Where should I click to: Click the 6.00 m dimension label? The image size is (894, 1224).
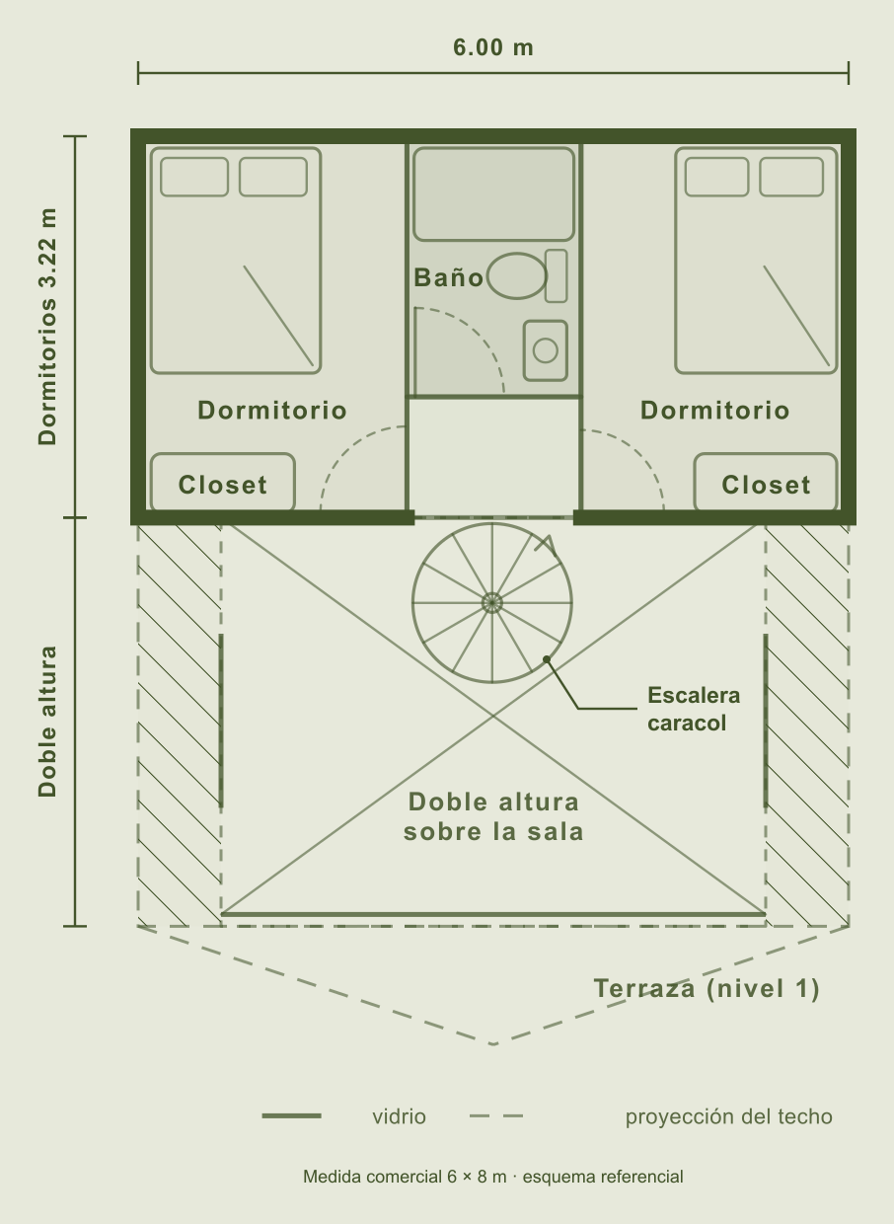click(x=492, y=47)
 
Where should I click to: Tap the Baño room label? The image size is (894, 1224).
click(x=448, y=277)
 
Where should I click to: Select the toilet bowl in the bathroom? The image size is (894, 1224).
click(x=516, y=276)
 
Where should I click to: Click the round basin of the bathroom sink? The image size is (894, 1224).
click(x=545, y=350)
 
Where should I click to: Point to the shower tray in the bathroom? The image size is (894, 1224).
click(x=493, y=194)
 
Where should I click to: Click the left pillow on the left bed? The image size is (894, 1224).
click(x=193, y=177)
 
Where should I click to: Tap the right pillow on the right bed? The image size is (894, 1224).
click(x=790, y=177)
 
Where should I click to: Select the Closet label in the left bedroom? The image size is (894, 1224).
click(x=223, y=485)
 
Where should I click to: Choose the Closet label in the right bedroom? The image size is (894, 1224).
click(x=766, y=485)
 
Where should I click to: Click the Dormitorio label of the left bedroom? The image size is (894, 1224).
click(x=272, y=411)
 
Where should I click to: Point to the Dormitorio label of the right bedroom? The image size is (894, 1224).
click(x=714, y=411)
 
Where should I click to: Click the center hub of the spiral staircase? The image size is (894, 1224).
click(x=492, y=603)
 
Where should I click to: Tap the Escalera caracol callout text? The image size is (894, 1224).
click(x=694, y=710)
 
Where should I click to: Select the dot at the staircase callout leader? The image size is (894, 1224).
click(x=546, y=659)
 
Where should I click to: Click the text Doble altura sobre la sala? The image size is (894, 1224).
click(x=493, y=817)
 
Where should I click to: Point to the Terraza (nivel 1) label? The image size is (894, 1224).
click(x=707, y=988)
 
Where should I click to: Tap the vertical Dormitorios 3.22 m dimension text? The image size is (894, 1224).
click(x=47, y=326)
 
